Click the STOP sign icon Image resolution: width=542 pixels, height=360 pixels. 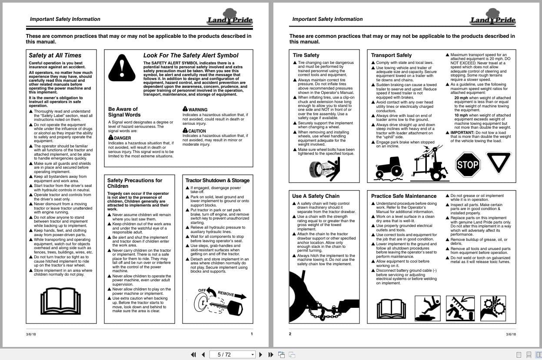(468, 165)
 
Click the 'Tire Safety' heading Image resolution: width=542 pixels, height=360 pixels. (306, 55)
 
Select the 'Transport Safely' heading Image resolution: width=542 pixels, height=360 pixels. (391, 55)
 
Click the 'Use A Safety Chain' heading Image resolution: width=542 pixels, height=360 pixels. (316, 196)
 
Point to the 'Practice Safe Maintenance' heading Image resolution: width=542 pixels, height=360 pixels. (403, 196)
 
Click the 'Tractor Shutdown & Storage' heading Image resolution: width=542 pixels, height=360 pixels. (217, 180)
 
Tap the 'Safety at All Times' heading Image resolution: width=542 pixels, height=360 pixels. (55, 55)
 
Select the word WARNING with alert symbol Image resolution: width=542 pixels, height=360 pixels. (198, 110)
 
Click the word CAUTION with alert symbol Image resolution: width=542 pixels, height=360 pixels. (197, 130)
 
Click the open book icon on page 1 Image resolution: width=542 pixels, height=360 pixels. (60, 301)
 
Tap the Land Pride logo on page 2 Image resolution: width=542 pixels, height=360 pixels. (492, 18)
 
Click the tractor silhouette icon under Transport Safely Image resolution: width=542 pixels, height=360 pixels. (389, 167)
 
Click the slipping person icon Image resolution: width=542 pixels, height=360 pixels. (428, 308)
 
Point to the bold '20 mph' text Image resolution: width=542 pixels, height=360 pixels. (461, 98)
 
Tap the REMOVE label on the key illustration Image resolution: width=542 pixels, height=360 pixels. (226, 293)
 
